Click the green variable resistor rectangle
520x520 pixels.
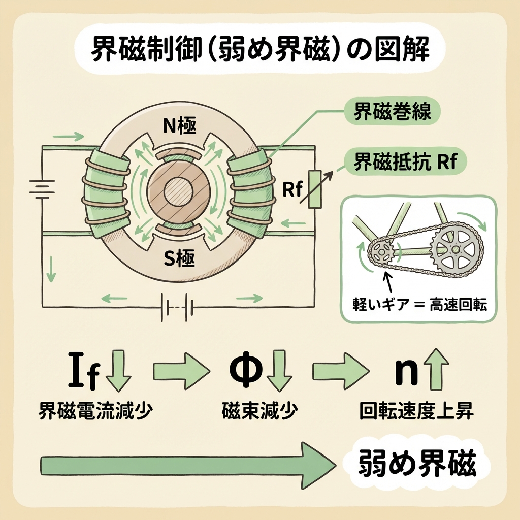point(315,189)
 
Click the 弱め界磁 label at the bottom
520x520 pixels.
point(417,463)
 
